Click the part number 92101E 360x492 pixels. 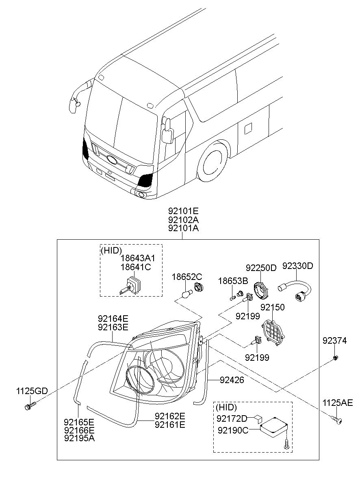183,211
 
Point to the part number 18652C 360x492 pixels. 187,277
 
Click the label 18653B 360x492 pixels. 232,281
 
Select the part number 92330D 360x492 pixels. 298,267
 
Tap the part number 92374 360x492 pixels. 335,341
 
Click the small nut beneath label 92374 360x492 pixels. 335,358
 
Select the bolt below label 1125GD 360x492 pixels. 30,405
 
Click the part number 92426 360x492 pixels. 232,380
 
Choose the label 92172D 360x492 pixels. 232,418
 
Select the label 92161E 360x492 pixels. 170,425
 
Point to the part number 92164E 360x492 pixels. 113,319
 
